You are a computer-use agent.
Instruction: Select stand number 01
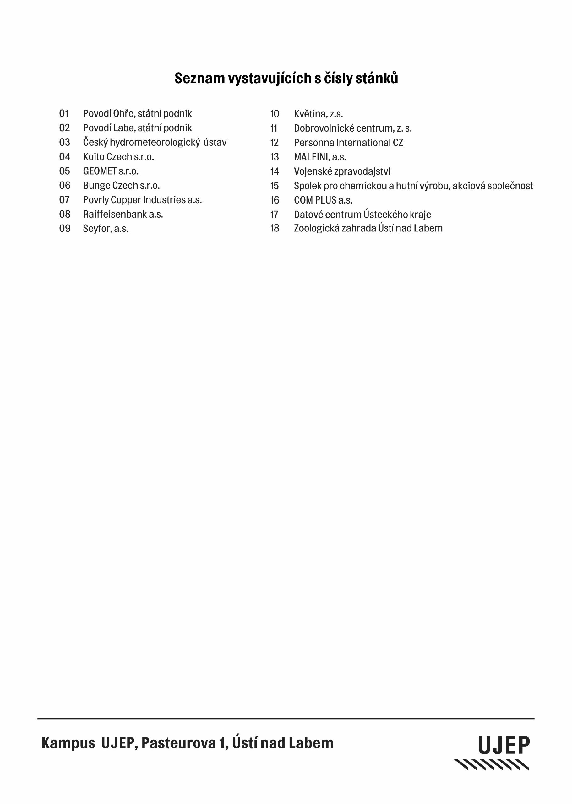click(64, 113)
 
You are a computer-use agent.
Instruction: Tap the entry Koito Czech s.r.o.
click(118, 157)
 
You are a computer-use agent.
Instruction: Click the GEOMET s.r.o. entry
click(111, 171)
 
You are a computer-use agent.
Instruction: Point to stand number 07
click(64, 200)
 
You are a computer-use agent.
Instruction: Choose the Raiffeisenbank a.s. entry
click(123, 215)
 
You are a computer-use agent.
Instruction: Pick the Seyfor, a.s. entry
click(105, 229)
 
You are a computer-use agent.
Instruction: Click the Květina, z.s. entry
click(318, 114)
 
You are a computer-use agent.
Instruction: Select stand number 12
click(274, 143)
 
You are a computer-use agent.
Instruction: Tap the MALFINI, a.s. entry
click(320, 157)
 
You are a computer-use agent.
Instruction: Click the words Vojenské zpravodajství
click(342, 171)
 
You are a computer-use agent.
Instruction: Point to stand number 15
click(274, 186)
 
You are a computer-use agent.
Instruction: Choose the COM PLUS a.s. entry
click(323, 200)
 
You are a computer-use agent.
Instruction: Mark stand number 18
click(274, 228)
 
